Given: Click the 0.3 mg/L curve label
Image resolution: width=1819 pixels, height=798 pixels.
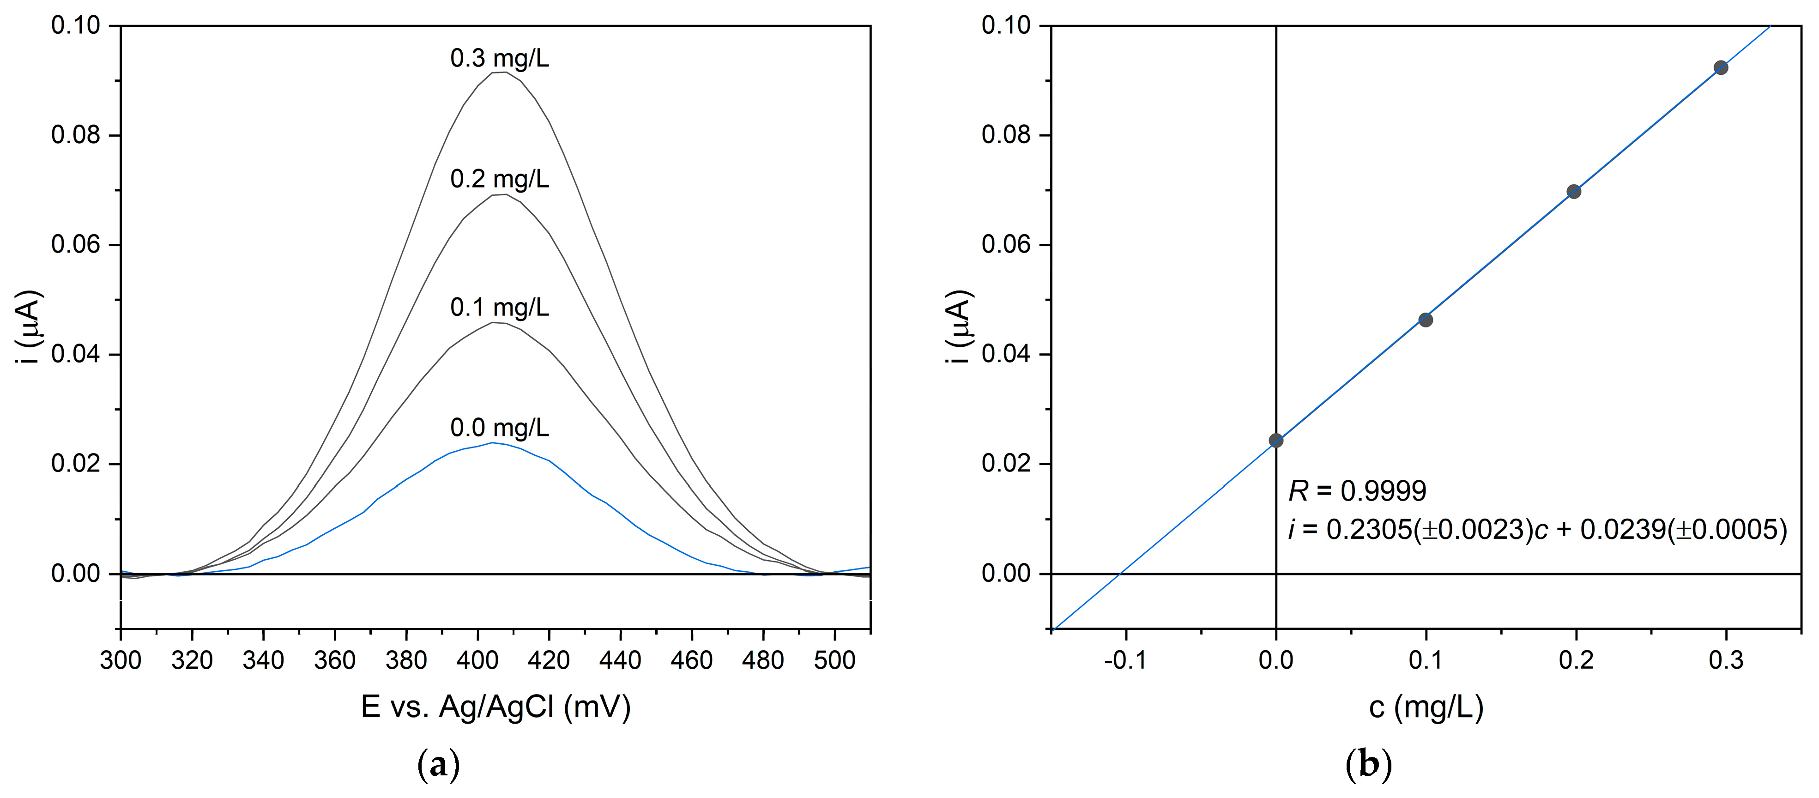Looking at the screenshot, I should pyautogui.click(x=499, y=59).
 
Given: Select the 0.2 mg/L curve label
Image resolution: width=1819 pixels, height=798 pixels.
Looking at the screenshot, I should pyautogui.click(x=499, y=179).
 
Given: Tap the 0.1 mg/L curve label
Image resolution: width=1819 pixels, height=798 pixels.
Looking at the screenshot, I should pyautogui.click(x=499, y=307).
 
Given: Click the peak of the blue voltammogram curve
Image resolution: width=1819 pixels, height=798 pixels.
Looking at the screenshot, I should pyautogui.click(x=491, y=443).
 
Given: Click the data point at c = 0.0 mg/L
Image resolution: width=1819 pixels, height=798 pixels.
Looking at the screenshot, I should pyautogui.click(x=1275, y=441).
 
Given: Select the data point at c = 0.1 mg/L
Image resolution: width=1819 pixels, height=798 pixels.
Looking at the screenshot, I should pyautogui.click(x=1426, y=320).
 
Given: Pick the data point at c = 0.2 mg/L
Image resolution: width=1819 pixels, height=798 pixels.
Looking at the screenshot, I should pyautogui.click(x=1573, y=191).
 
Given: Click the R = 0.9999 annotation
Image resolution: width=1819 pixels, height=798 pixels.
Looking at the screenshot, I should pyautogui.click(x=1356, y=491).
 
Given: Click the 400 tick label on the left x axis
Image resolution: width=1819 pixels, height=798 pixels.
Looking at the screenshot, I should pyautogui.click(x=477, y=661).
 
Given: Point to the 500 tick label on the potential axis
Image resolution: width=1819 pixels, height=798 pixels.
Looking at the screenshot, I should pyautogui.click(x=834, y=661).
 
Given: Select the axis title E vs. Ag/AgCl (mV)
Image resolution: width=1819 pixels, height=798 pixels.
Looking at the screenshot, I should pyautogui.click(x=495, y=707).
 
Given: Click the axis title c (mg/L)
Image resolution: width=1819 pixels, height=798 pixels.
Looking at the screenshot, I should pyautogui.click(x=1426, y=707).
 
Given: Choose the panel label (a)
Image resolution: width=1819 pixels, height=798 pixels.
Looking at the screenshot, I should pyautogui.click(x=439, y=765).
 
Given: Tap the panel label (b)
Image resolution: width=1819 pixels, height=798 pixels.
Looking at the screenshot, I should pyautogui.click(x=1368, y=765).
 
